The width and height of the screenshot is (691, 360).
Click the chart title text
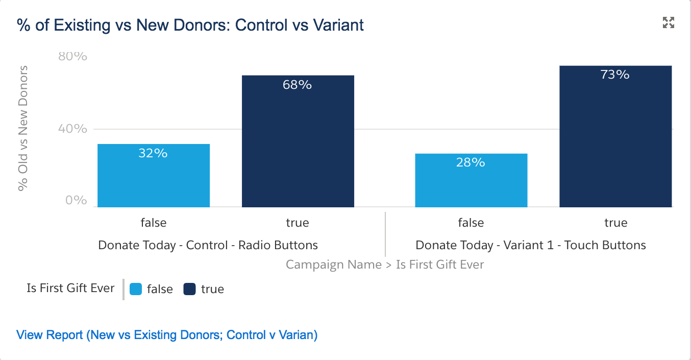point(190,25)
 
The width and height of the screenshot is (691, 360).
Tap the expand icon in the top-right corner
point(668,22)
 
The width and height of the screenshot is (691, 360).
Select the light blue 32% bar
point(154,176)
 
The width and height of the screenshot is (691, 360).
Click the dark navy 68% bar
point(298,141)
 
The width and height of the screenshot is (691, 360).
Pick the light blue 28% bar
point(471,180)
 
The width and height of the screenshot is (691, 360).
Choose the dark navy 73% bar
point(615,136)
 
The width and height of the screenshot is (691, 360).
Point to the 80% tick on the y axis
point(73,56)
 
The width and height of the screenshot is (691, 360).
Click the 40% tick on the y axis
point(73,129)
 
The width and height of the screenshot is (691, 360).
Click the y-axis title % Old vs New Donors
point(22,128)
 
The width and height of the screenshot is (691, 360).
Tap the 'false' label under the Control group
point(154,223)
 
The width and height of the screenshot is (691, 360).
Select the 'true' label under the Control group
point(298,223)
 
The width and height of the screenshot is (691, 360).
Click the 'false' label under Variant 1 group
point(471,223)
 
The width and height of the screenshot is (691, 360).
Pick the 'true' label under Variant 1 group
point(615,223)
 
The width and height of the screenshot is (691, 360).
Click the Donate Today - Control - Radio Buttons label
point(208,245)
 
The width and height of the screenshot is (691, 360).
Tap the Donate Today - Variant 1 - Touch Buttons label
point(531,245)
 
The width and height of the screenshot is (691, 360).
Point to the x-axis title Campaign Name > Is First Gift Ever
point(385,265)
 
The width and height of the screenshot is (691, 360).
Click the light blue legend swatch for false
point(136,289)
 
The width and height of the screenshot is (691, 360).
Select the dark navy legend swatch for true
point(190,289)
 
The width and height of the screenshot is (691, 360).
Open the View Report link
point(167,335)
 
